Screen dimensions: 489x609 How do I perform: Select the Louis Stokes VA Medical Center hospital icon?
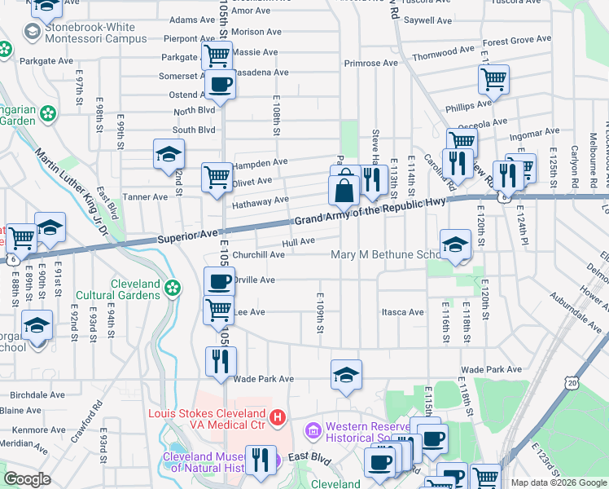pos(278,417)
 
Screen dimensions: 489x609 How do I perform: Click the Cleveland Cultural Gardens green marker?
pos(172,287)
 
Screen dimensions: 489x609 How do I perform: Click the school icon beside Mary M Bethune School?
pos(455,244)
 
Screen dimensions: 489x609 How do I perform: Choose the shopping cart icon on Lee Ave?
pos(218,310)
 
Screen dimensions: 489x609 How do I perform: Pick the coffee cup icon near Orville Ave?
pos(218,282)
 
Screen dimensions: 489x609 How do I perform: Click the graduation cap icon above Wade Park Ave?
pos(346,375)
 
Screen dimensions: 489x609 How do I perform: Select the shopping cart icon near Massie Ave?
pos(217,55)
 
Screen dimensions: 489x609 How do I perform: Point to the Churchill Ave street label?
pos(258,254)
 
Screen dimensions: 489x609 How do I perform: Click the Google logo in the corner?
pos(27,479)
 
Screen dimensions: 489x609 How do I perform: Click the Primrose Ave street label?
pos(370,63)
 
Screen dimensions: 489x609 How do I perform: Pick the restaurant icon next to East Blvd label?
pos(261,458)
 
